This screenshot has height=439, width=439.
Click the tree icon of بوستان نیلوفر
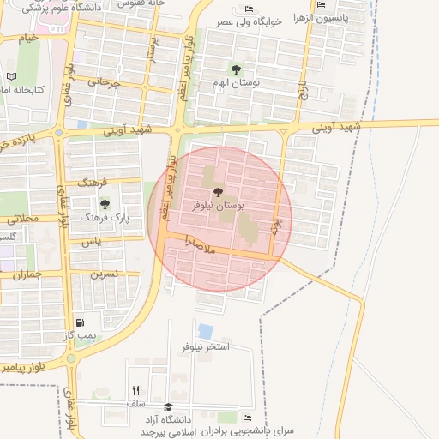(x=215, y=191)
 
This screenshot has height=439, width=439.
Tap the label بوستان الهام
(x=236, y=84)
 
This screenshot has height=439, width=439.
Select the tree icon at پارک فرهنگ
(x=105, y=204)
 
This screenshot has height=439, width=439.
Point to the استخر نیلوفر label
(x=206, y=347)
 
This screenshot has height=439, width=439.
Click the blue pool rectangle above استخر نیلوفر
(x=206, y=330)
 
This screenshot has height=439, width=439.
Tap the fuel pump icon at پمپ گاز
(x=81, y=323)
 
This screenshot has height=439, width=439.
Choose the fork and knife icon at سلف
(x=135, y=390)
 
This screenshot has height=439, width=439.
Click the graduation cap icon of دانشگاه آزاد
(x=169, y=407)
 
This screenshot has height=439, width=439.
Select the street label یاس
(x=92, y=243)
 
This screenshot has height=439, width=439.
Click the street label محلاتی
(x=23, y=219)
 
